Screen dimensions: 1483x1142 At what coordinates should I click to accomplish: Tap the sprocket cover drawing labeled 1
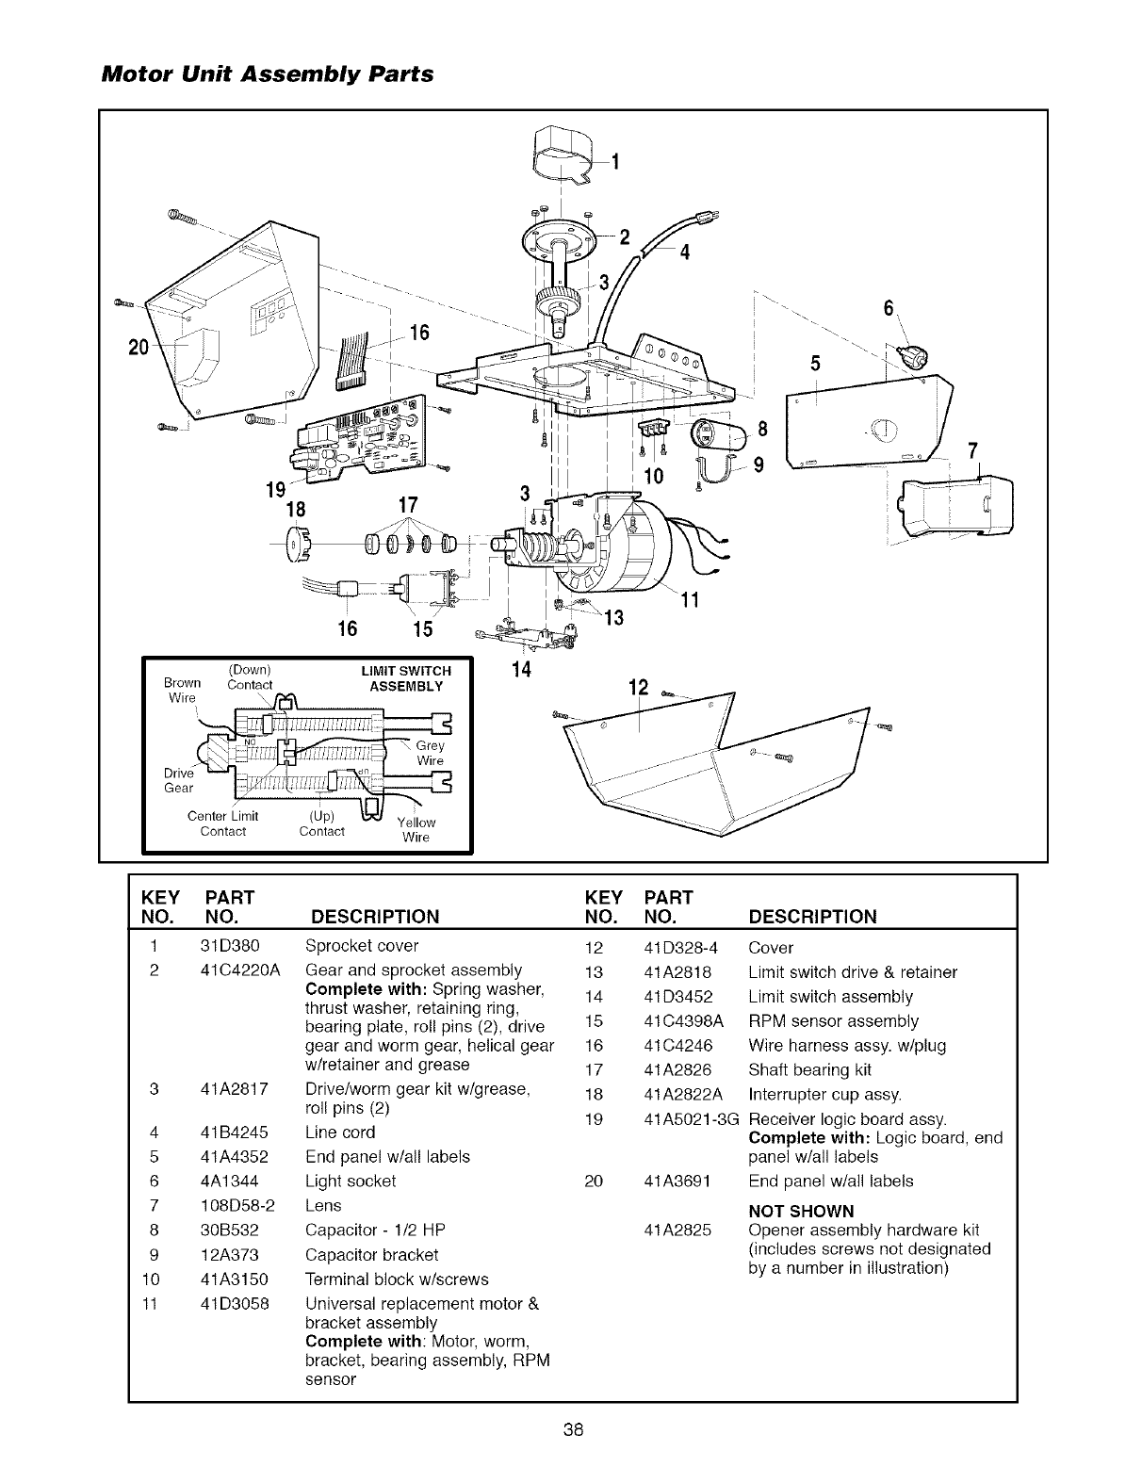[x=562, y=155]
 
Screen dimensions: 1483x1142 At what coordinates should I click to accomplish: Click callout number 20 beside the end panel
[x=139, y=344]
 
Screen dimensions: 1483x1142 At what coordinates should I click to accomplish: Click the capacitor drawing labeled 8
[x=717, y=434]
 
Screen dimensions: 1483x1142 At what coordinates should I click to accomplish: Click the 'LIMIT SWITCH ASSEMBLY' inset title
[x=406, y=677]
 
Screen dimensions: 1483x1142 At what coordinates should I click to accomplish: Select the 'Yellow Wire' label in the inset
[x=416, y=829]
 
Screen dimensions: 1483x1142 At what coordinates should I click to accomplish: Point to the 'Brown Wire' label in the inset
[x=182, y=690]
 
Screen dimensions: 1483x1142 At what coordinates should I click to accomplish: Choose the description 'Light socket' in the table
[x=351, y=1182]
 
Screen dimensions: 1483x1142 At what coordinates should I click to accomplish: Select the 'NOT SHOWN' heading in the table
[x=801, y=1212]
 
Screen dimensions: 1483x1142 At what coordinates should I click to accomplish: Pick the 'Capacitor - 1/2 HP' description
[x=376, y=1230]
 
